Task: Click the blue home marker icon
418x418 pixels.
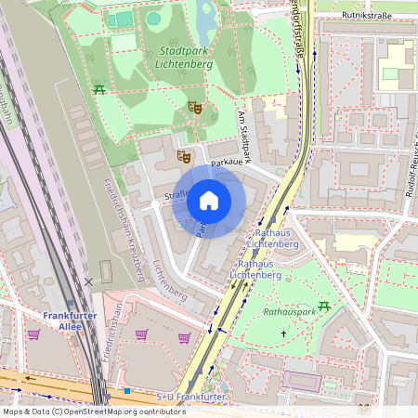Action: (x=209, y=200)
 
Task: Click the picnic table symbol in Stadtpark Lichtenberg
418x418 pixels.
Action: (x=98, y=88)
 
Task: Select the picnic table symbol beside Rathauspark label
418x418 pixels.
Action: (x=324, y=306)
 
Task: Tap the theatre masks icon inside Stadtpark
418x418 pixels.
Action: (x=194, y=107)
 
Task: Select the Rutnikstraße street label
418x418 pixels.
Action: (x=365, y=16)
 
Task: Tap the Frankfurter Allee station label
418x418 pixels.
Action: (x=70, y=321)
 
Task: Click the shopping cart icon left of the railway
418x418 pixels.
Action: (x=34, y=334)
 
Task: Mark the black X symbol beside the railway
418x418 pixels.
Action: (x=88, y=280)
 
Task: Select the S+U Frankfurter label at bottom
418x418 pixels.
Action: (x=190, y=398)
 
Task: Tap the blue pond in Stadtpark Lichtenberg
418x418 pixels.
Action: (x=206, y=14)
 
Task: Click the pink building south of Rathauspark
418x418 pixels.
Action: (x=303, y=381)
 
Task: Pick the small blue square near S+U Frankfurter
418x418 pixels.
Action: (x=127, y=390)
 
